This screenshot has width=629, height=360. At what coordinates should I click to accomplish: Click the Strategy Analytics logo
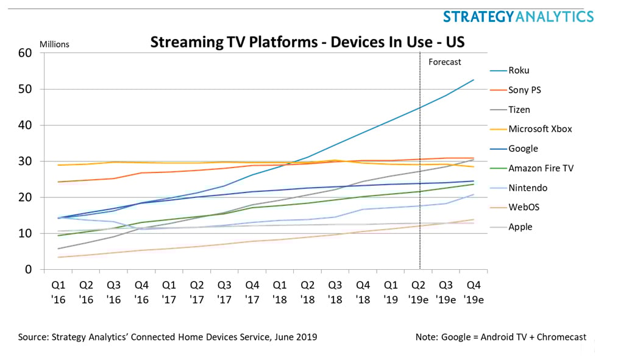517,16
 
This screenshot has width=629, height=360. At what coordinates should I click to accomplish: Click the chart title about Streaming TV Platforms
307,42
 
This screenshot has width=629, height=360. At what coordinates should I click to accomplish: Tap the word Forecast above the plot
445,62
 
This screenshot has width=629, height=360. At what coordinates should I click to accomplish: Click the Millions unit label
54,44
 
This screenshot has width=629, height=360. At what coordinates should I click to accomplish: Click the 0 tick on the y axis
27,269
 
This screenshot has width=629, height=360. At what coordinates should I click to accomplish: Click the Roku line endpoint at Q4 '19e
474,80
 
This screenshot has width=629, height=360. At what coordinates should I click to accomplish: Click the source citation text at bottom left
168,337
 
